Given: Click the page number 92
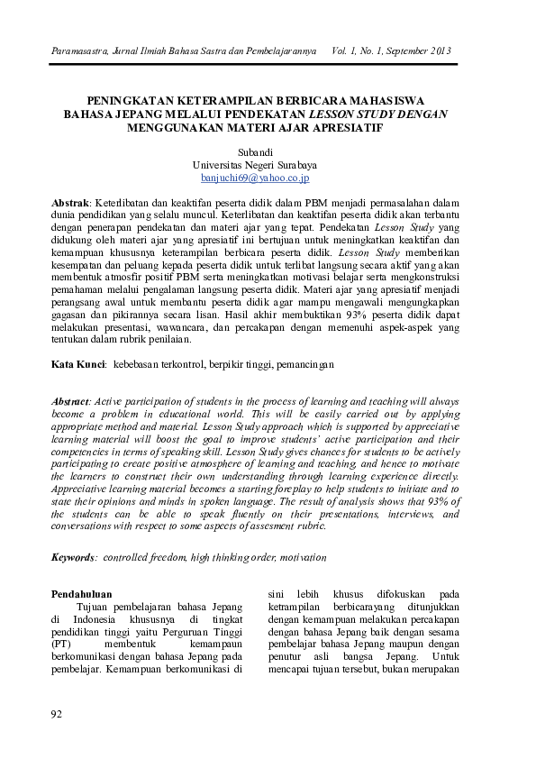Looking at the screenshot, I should [x=57, y=714].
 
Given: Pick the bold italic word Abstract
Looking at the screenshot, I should [x=71, y=399].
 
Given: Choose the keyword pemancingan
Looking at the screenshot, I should [x=305, y=364].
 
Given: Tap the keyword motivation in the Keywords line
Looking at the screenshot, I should [x=304, y=558].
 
